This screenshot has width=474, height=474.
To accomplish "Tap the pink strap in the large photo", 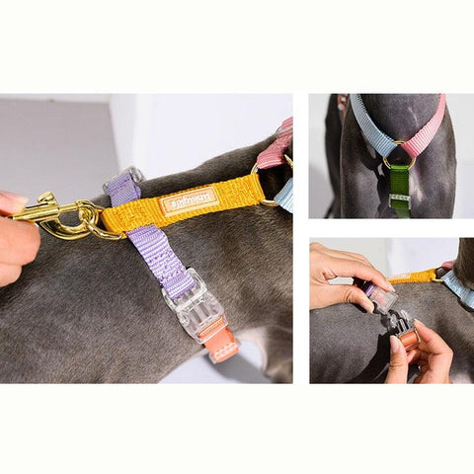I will pos(274,150).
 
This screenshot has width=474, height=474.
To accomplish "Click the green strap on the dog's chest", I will pos(399,182).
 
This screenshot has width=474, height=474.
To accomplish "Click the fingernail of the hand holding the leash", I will pos(12,201).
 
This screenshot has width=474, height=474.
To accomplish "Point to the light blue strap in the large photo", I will pos(285,194).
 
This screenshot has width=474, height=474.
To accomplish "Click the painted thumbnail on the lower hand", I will pos(397,345).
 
